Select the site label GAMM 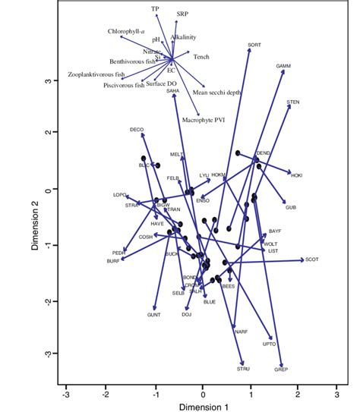283,67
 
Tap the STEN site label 293,102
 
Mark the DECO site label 137,130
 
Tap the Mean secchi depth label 216,93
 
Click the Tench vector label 201,57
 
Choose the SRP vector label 183,14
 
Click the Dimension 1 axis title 201,407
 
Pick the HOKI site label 296,176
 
